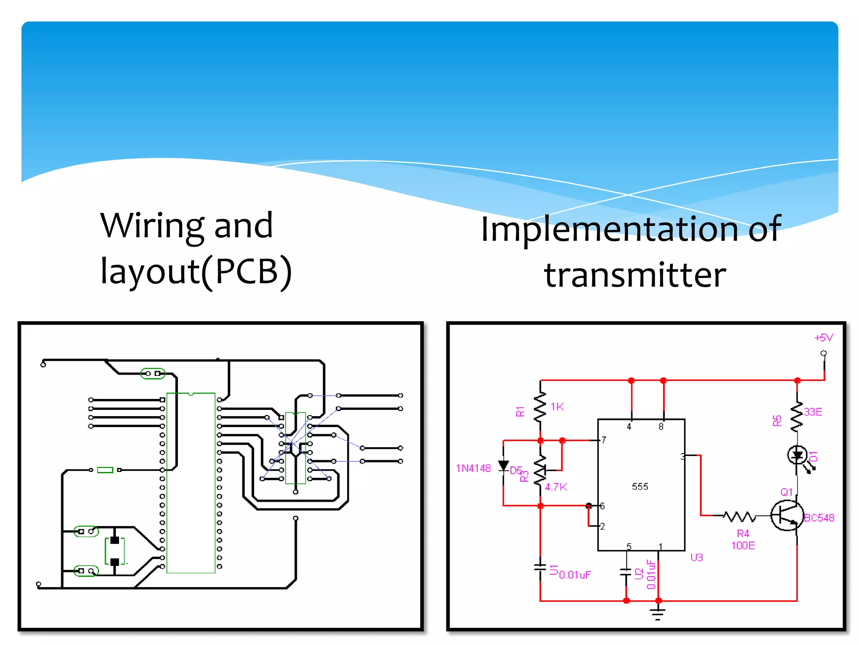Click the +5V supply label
click(x=823, y=338)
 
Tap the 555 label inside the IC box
click(x=640, y=486)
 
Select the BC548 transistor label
click(x=819, y=518)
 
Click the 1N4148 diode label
click(x=473, y=468)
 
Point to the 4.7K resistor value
click(x=556, y=487)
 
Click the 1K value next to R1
click(x=557, y=406)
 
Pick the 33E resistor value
click(x=813, y=412)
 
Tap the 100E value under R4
click(x=743, y=545)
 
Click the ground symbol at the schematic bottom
click(x=658, y=614)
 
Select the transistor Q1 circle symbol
click(x=787, y=516)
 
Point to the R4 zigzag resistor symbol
click(x=739, y=516)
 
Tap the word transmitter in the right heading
click(x=635, y=275)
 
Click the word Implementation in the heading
click(x=610, y=229)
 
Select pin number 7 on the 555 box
click(x=604, y=440)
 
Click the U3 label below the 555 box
click(x=696, y=557)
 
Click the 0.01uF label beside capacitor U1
click(x=575, y=575)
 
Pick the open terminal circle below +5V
click(x=824, y=353)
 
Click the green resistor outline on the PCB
click(x=105, y=470)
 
